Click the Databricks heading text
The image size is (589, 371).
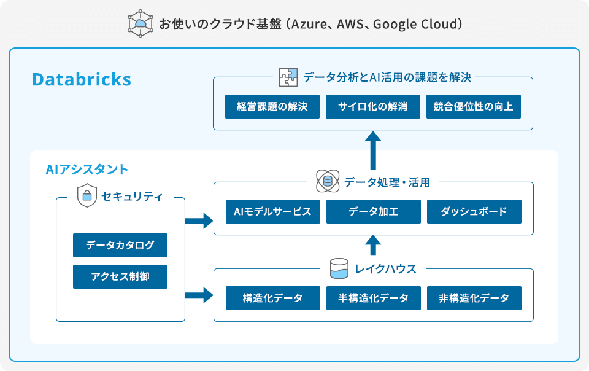(x=82, y=80)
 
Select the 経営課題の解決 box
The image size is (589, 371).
(x=272, y=106)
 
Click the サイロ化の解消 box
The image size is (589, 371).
(x=373, y=106)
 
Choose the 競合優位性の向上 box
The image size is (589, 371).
(x=474, y=106)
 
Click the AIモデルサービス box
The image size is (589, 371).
(x=272, y=212)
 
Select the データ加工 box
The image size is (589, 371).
(x=373, y=212)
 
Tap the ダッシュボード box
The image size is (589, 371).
(x=474, y=212)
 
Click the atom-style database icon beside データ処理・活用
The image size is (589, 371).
(x=327, y=182)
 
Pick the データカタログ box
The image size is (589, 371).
(x=120, y=245)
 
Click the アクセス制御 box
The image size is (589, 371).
(x=120, y=276)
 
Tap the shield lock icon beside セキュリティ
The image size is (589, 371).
(x=87, y=196)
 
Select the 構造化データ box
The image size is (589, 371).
(x=272, y=298)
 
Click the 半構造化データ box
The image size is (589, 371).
(x=373, y=298)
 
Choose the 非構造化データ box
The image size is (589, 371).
(x=474, y=298)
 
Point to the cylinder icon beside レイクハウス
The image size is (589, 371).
(x=339, y=268)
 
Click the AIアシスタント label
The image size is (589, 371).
(x=87, y=169)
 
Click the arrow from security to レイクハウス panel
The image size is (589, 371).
(x=199, y=295)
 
